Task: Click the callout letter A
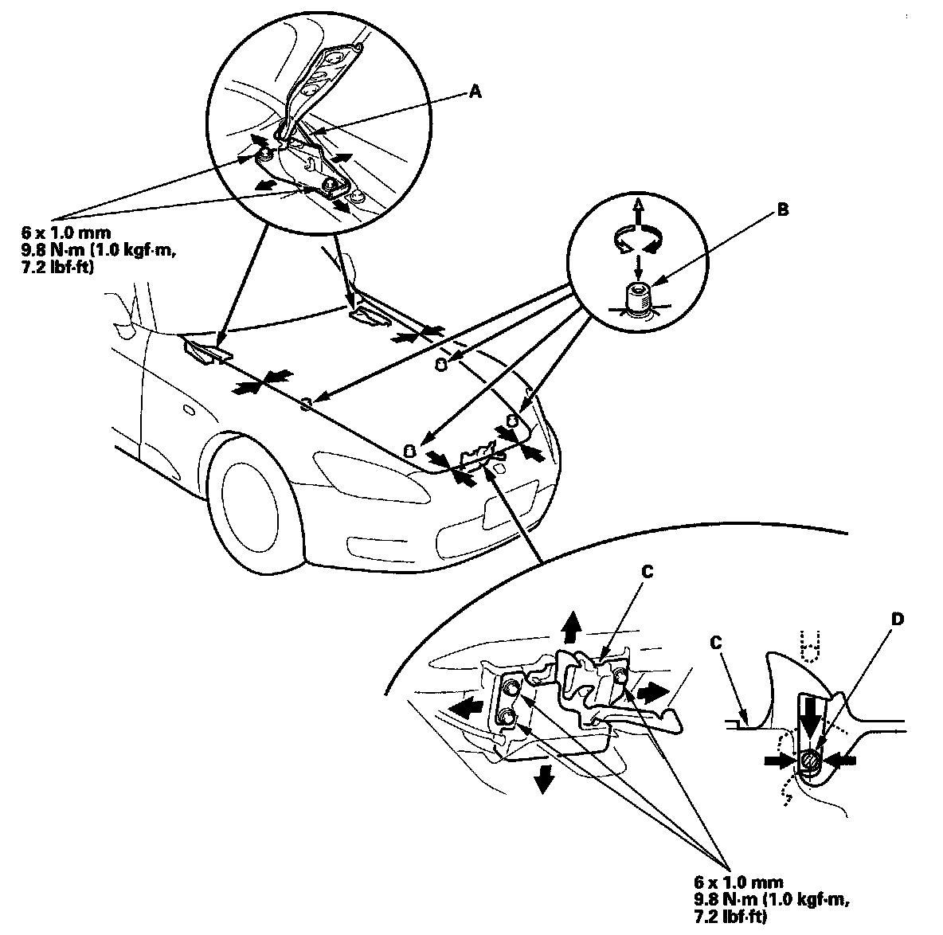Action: [x=475, y=92]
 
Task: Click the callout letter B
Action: [x=782, y=212]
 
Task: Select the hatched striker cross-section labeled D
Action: [x=809, y=761]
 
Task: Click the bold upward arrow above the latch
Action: [x=569, y=627]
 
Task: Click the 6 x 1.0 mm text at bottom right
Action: [x=738, y=882]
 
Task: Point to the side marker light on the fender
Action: [x=188, y=411]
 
